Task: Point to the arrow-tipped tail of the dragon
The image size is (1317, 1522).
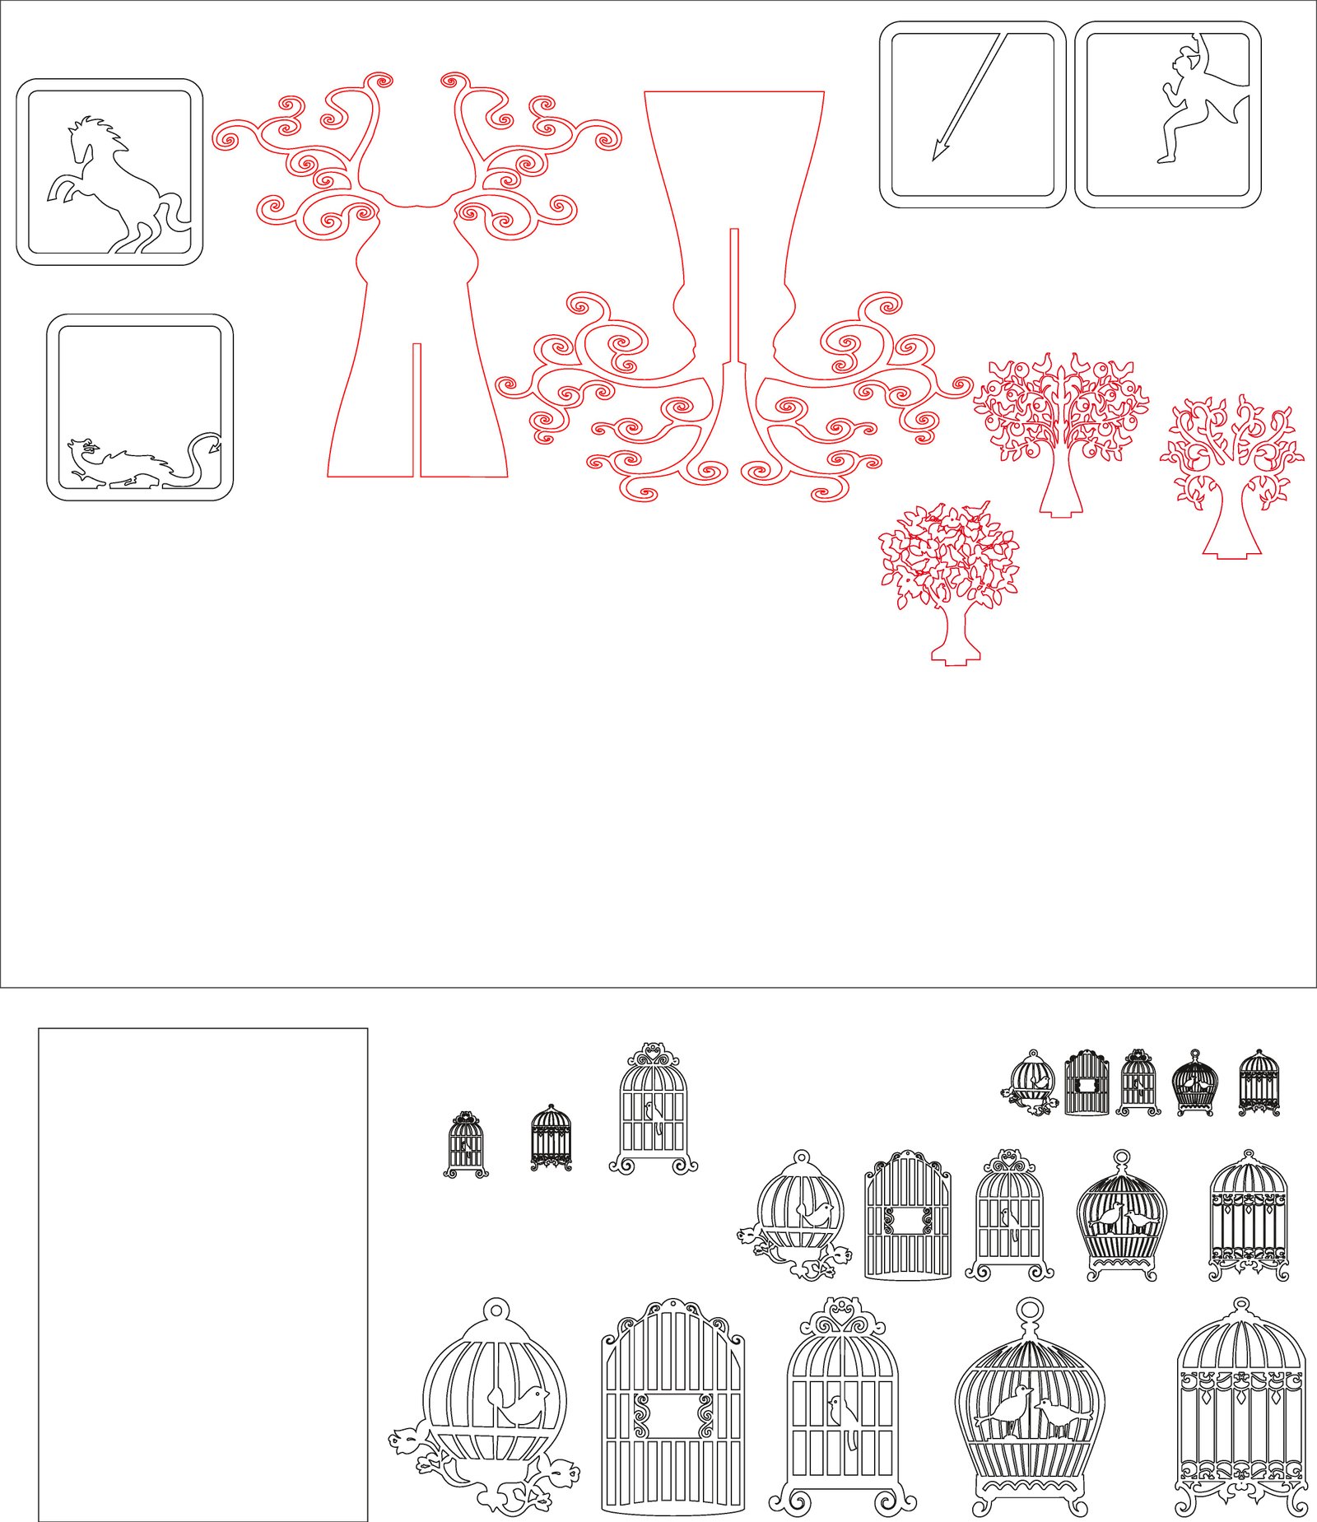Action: [215, 446]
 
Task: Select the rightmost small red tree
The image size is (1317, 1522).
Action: [1232, 469]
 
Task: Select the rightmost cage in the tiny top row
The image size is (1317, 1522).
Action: [1259, 1082]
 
